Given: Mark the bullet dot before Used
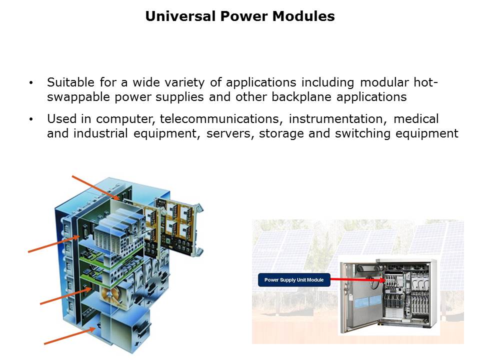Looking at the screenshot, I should tap(32, 119).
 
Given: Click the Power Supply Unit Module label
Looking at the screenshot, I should tap(294, 280).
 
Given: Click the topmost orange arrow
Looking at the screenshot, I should tap(95, 187).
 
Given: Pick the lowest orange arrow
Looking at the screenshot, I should tap(70, 335).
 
